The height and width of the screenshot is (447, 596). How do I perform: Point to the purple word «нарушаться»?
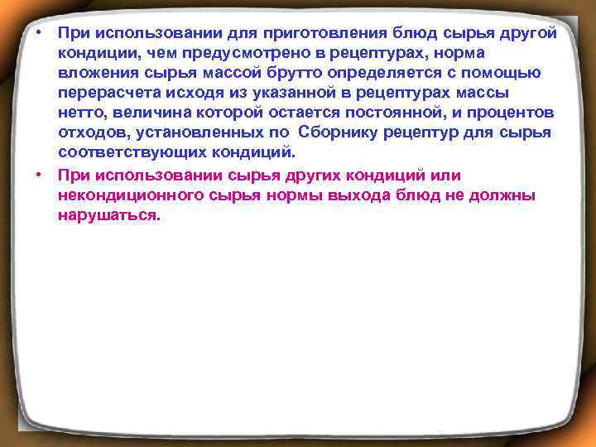point(107,214)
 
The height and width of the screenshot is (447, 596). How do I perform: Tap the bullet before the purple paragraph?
point(39,175)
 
